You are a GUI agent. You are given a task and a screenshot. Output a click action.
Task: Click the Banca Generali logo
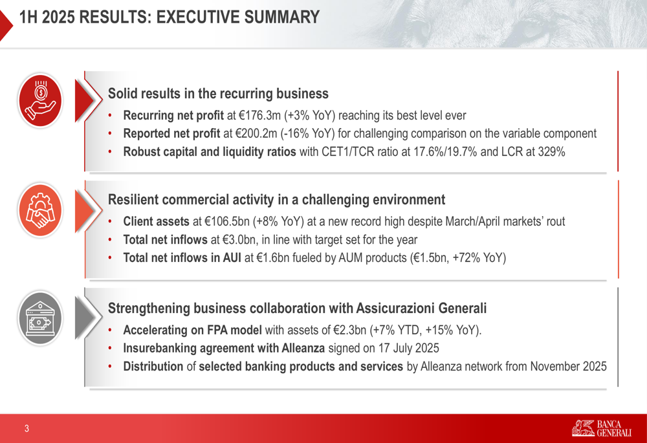point(602,429)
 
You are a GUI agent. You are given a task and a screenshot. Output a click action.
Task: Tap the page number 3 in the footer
point(27,429)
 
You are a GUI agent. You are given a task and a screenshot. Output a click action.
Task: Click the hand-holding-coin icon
point(40,100)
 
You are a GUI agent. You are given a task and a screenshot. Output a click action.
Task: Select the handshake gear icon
point(40,210)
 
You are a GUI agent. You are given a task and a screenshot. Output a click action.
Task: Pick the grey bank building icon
point(40,318)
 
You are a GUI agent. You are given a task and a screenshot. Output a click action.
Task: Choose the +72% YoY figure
point(477,258)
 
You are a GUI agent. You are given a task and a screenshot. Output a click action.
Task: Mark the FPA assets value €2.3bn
point(349,330)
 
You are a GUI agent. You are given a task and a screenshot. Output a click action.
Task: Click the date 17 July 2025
point(408,348)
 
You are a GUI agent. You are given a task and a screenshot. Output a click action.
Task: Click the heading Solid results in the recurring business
point(218,94)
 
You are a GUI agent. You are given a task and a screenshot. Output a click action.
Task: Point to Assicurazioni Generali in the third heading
point(421,308)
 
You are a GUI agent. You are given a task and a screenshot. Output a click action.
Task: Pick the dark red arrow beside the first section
point(87,100)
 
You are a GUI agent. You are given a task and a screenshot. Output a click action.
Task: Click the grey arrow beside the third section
point(87,318)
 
